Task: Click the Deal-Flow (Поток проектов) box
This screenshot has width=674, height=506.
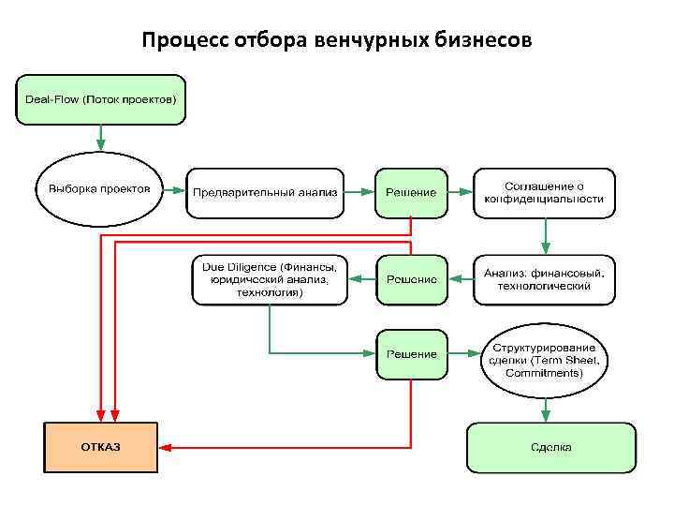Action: (101, 99)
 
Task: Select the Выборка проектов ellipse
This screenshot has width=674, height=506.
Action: (99, 189)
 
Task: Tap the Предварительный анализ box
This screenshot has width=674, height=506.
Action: (266, 192)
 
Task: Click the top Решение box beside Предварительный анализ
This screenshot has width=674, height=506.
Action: (411, 192)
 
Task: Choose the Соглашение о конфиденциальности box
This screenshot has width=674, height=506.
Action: (544, 192)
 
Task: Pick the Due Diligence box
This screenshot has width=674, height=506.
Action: (270, 279)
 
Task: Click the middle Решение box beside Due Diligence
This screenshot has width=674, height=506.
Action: (411, 279)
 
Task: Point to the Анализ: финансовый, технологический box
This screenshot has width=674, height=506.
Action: (544, 279)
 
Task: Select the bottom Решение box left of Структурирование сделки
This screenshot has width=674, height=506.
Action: (411, 353)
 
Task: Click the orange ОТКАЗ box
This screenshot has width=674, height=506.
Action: (100, 447)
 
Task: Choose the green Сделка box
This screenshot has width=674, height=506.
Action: (550, 447)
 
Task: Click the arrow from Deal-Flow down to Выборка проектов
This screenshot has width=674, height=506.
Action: (100, 138)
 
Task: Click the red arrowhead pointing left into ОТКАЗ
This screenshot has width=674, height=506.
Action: (165, 446)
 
